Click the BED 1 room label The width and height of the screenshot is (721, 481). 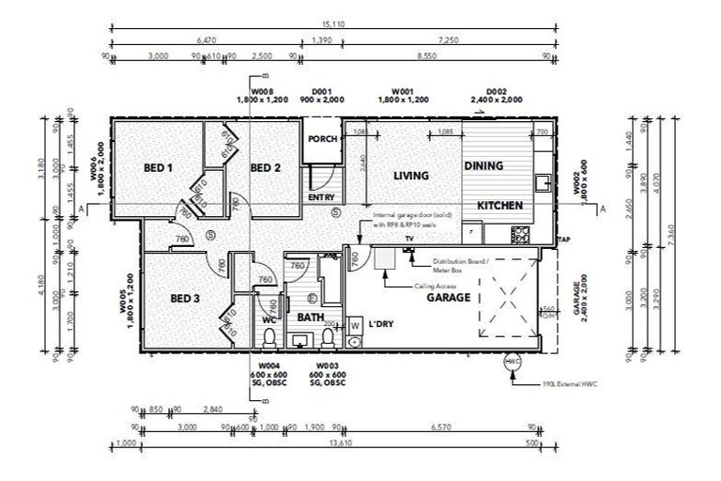pos(158,168)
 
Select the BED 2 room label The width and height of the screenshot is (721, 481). pos(266,168)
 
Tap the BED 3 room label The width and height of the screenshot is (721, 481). pos(186,299)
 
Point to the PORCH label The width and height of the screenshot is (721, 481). pos(322,139)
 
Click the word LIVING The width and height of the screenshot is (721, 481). pos(411,176)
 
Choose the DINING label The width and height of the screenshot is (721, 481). pos(483,165)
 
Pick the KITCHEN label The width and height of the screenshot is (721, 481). pos(499,206)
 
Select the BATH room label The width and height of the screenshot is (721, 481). pos(311,318)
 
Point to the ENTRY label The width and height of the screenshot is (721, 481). pos(321,197)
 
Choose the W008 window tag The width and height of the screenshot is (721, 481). pos(253,91)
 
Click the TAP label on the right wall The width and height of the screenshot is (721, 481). pos(562,240)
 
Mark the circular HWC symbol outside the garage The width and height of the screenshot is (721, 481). pos(513,362)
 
